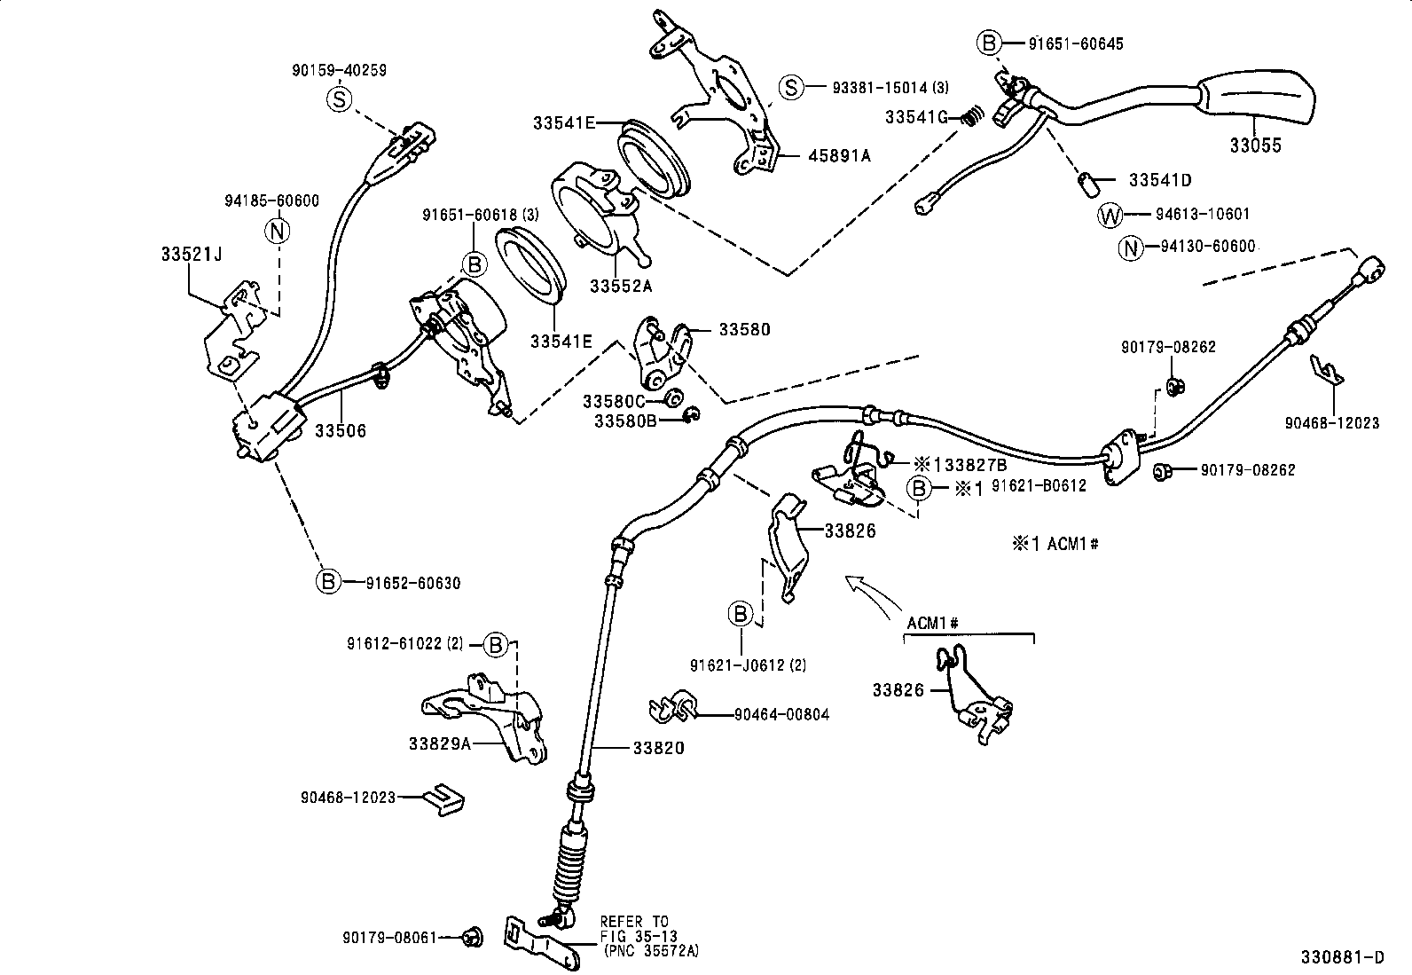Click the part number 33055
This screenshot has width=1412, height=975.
[1255, 146]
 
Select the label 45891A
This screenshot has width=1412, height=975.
[839, 155]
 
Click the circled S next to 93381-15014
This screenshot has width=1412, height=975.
[790, 87]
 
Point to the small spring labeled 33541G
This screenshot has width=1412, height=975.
[973, 115]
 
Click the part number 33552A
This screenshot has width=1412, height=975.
[621, 286]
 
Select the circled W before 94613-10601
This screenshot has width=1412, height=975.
[1110, 215]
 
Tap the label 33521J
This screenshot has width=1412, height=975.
[191, 254]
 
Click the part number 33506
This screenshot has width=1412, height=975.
[341, 431]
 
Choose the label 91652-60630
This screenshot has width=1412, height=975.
[412, 583]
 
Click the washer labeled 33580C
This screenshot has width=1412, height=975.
[673, 397]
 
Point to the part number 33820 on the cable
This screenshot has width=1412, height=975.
[658, 748]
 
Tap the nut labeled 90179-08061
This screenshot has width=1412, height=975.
[472, 936]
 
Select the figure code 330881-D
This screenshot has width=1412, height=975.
[1342, 957]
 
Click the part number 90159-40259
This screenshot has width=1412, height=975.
[339, 70]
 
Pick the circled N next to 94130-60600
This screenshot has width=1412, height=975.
[1131, 248]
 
